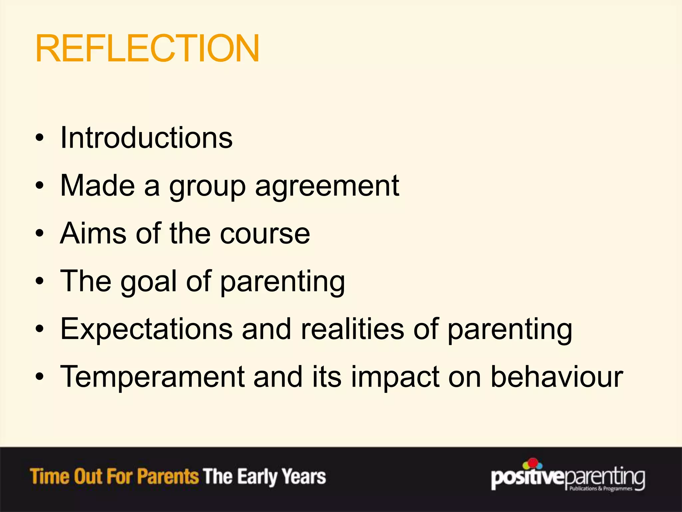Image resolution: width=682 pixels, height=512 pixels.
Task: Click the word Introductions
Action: tap(146, 138)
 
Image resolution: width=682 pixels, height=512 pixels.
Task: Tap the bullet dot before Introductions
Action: tap(40, 138)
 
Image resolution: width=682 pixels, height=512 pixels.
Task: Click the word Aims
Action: tap(94, 233)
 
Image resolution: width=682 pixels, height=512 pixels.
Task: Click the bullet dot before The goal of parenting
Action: tap(40, 281)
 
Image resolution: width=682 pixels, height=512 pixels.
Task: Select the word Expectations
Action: tap(146, 329)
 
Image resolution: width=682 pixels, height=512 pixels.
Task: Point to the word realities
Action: tap(352, 329)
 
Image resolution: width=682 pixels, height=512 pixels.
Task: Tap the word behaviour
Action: tap(557, 377)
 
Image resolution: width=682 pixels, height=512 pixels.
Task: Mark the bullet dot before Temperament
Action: tap(40, 377)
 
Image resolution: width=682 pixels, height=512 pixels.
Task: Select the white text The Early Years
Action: tap(264, 477)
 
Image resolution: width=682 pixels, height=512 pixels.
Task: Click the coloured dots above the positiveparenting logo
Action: tap(532, 464)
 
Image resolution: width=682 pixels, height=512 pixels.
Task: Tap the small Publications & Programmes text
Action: tap(600, 489)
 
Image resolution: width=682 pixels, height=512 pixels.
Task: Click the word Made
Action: tap(98, 186)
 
